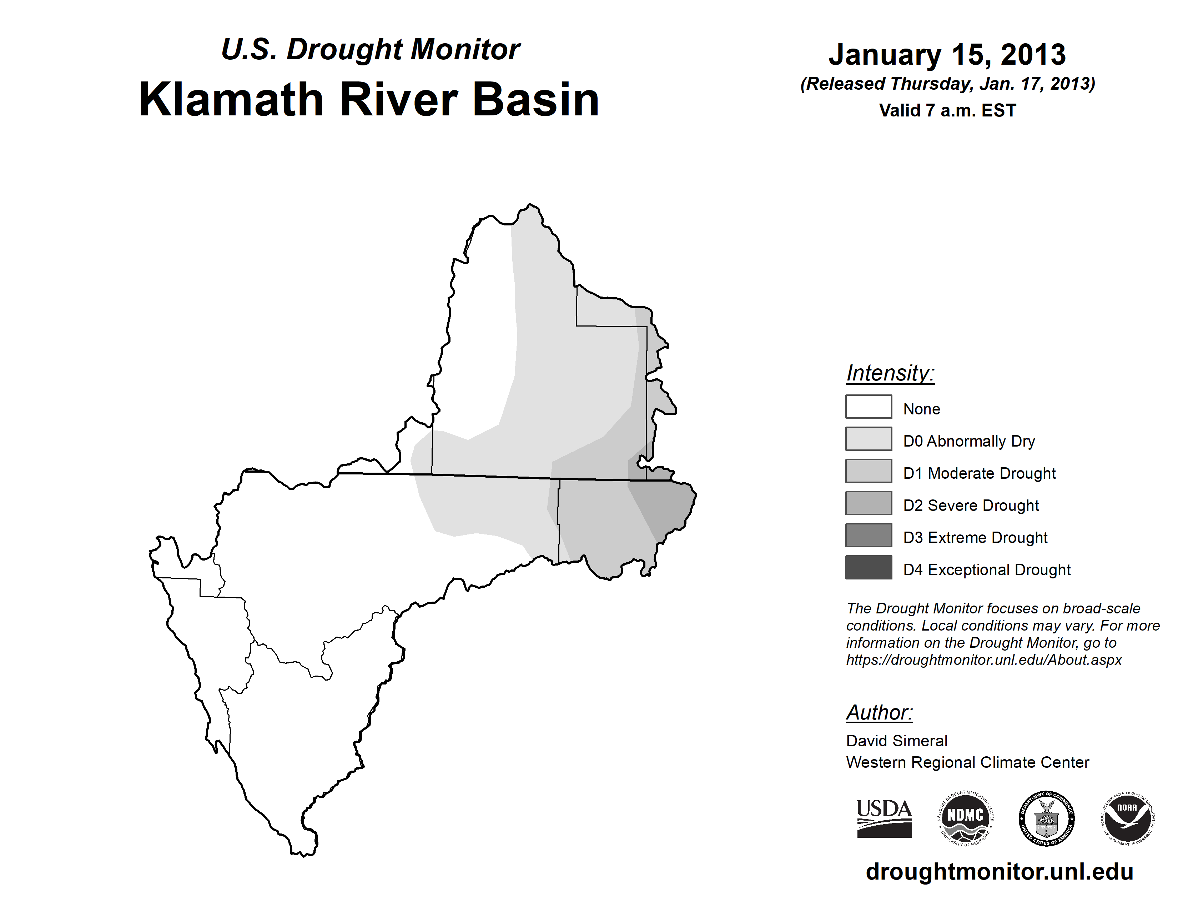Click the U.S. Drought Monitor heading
click(371, 50)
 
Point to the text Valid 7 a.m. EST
click(948, 111)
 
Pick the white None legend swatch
click(869, 407)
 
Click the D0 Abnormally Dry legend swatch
click(869, 439)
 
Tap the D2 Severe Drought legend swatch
click(869, 503)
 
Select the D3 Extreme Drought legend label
click(976, 538)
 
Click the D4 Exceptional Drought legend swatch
click(869, 567)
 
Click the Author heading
click(880, 712)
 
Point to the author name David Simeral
click(896, 741)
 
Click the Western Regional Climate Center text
click(968, 763)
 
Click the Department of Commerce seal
click(1046, 818)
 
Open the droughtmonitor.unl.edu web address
click(1000, 872)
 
